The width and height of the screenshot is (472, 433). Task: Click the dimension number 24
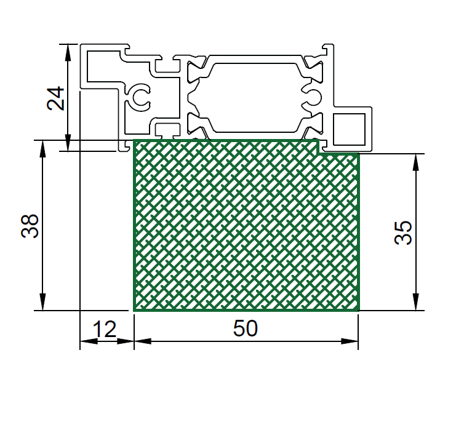point(55,98)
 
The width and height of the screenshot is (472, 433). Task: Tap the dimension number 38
point(30,226)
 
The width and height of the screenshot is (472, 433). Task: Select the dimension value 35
point(403,232)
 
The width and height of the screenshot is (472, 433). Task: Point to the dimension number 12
point(105,329)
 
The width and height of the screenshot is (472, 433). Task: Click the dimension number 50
point(246,328)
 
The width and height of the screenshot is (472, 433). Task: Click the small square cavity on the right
point(350,129)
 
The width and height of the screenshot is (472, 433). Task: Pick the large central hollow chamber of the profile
point(255,98)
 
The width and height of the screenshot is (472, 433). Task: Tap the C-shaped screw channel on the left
point(139,98)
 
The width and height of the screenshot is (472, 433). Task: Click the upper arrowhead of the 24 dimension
point(68,53)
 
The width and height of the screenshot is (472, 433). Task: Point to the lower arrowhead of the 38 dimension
point(42,301)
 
